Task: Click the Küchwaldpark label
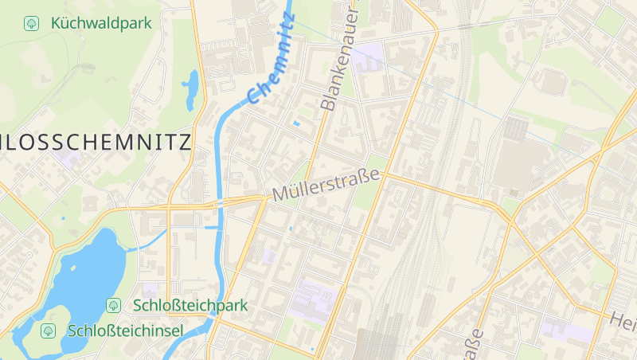100,23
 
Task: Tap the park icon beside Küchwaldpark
32,23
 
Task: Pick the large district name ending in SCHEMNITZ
96,143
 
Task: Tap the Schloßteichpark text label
190,305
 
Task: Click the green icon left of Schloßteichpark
114,305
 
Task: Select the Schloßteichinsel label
125,330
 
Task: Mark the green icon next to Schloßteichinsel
49,330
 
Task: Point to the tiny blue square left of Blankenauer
297,123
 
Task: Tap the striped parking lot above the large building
517,128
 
